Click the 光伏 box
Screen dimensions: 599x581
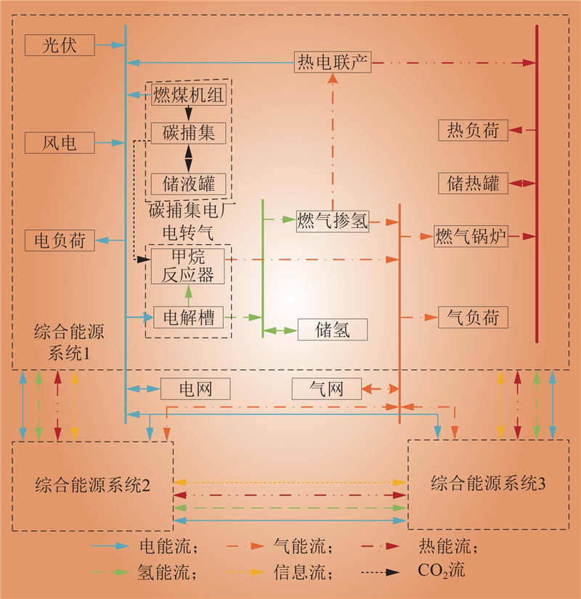(x=60, y=45)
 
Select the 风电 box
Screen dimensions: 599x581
(x=60, y=143)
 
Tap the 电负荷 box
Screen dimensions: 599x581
(x=60, y=240)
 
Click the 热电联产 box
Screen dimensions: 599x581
(x=333, y=62)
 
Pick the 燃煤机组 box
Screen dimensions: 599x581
(x=188, y=94)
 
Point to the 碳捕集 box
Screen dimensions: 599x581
(x=188, y=133)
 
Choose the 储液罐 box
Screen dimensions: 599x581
(x=188, y=183)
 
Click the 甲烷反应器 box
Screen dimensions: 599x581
(x=188, y=266)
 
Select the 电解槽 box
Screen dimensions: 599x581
(x=188, y=317)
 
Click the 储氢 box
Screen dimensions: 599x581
(x=333, y=330)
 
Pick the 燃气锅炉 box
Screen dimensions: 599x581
(x=471, y=236)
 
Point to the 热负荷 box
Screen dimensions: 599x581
(x=473, y=131)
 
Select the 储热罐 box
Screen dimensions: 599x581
(x=473, y=183)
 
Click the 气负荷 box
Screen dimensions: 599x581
(x=473, y=317)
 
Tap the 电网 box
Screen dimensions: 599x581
(x=195, y=389)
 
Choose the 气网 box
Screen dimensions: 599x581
(x=326, y=389)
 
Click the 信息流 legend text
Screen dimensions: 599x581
(x=305, y=571)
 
